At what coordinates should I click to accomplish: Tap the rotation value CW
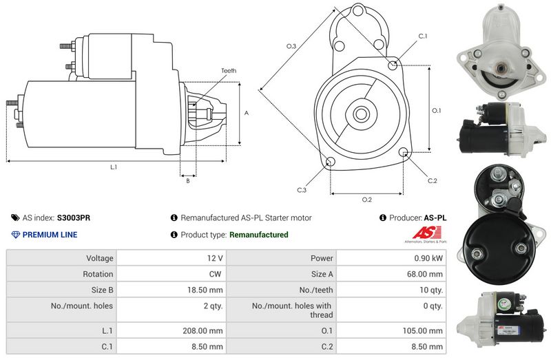[216, 274]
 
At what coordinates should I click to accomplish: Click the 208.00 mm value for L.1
[206, 330]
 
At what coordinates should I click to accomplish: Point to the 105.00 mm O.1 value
[424, 330]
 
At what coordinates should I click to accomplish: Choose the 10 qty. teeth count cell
[431, 290]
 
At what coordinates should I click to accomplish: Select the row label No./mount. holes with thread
[292, 310]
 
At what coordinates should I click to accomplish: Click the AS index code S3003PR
[73, 218]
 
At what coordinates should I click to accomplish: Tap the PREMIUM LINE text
[50, 235]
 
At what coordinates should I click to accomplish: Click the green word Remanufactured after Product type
[258, 235]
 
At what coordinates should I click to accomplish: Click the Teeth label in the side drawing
[229, 71]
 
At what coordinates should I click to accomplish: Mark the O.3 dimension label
[291, 46]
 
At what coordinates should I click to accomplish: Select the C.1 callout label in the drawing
[423, 36]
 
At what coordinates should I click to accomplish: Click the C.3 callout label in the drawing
[302, 189]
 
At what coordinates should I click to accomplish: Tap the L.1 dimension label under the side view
[114, 167]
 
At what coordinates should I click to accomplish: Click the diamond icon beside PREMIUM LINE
[16, 235]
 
